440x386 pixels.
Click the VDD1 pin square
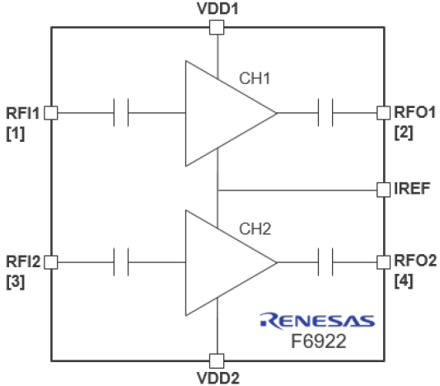[217, 27]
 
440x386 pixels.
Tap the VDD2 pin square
[217, 360]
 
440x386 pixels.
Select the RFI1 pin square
[51, 113]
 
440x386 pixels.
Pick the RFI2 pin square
[51, 262]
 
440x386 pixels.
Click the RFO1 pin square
[383, 113]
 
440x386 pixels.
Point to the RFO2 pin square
[383, 262]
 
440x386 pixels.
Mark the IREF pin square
[383, 190]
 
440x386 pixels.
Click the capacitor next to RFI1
[121, 113]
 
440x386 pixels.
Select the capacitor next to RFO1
[325, 113]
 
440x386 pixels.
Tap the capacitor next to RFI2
[121, 262]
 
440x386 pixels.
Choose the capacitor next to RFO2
[325, 262]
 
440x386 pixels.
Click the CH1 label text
[255, 78]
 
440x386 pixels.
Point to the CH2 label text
[255, 229]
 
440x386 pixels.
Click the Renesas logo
[317, 321]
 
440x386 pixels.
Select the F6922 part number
[319, 341]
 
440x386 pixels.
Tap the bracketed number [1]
[16, 134]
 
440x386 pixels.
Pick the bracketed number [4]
[404, 281]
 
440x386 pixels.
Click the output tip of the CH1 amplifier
[277, 113]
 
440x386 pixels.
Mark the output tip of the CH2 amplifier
[277, 262]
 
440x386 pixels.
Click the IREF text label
[412, 189]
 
